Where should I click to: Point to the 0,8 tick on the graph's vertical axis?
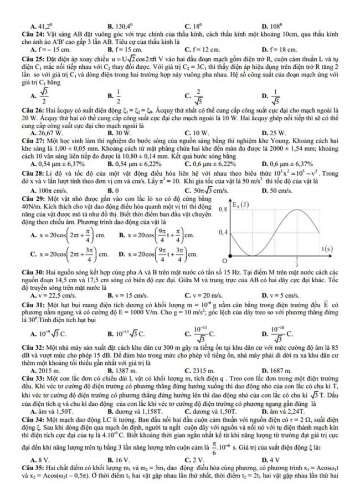pos(224,208)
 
